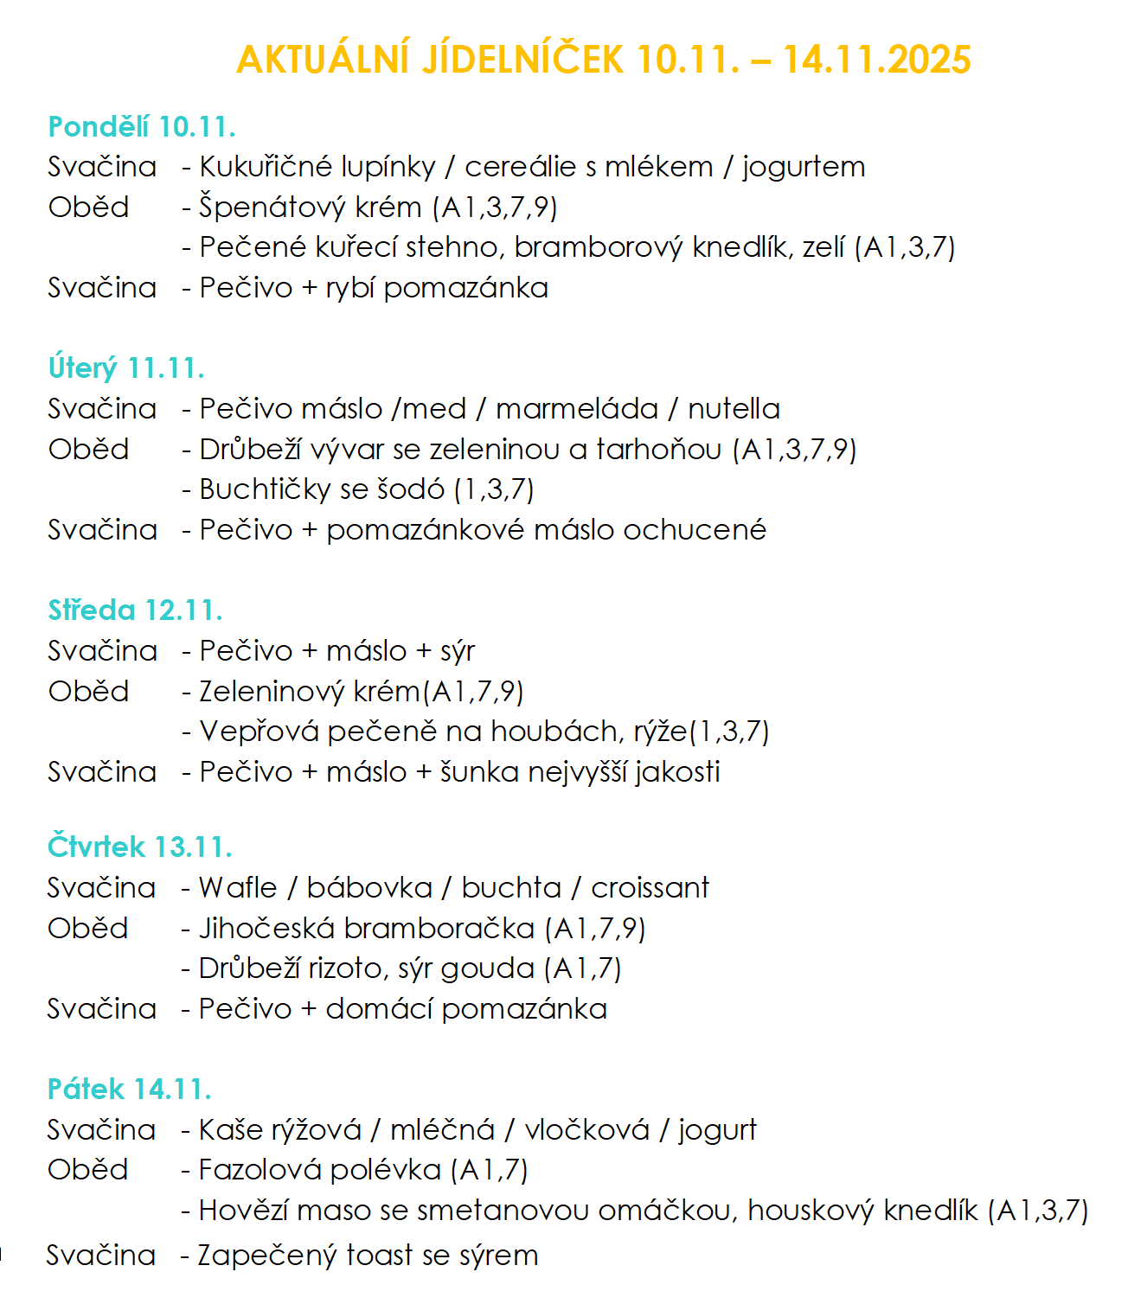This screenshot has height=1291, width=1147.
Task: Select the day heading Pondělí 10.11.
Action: click(142, 127)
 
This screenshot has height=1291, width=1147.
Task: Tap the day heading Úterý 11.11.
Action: click(126, 368)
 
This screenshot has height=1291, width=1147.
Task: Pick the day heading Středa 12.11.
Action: click(136, 610)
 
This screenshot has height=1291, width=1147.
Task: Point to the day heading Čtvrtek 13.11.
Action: click(140, 847)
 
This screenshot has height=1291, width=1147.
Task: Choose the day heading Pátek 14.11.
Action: click(130, 1090)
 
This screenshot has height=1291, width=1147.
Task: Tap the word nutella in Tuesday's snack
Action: click(734, 409)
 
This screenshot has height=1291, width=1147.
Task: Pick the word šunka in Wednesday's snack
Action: click(479, 772)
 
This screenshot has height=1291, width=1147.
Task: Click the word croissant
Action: click(650, 888)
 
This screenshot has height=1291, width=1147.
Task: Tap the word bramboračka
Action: click(439, 929)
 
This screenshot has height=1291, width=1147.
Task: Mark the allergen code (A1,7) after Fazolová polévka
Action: click(490, 1170)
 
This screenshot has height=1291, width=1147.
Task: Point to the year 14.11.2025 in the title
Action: click(877, 60)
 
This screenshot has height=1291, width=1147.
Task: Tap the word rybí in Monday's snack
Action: click(349, 288)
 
